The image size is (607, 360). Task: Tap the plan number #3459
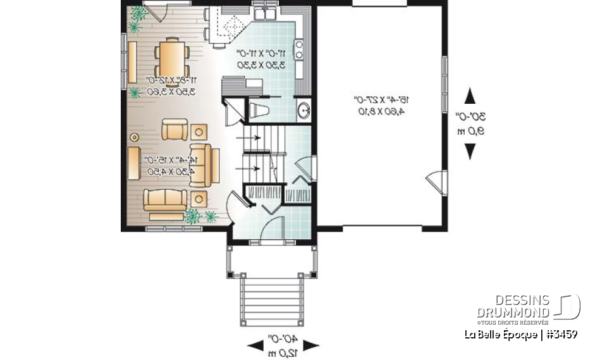click(560, 334)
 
